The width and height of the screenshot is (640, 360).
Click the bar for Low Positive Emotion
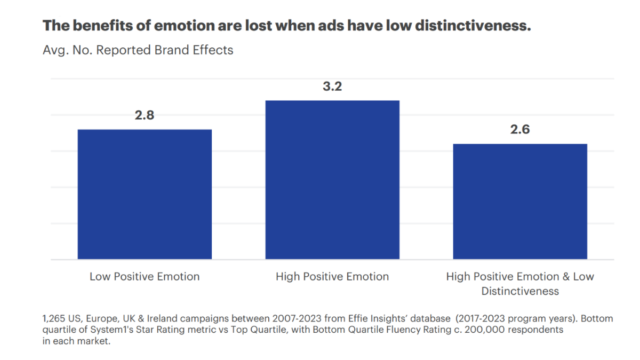click(x=145, y=194)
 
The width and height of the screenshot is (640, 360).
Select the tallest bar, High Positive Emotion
click(x=332, y=180)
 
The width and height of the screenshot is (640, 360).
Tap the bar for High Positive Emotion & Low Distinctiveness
click(x=520, y=202)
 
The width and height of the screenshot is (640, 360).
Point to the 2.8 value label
click(x=145, y=116)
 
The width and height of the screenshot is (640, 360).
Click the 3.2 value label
click(x=332, y=87)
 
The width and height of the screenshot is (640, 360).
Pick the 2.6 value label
click(x=520, y=130)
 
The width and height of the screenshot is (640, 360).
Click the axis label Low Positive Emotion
click(x=145, y=277)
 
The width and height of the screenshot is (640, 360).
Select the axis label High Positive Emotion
click(x=332, y=277)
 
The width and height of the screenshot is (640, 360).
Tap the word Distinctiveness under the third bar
click(x=520, y=291)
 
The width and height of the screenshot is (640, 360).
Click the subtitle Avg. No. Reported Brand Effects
click(x=138, y=50)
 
